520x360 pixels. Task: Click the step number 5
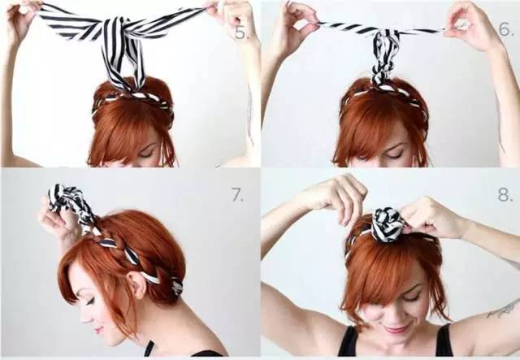(241, 33)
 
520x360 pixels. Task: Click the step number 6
(505, 30)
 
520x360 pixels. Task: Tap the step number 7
(237, 194)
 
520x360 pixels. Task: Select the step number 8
(505, 194)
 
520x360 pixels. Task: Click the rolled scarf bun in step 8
(388, 224)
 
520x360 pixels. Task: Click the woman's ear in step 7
(136, 284)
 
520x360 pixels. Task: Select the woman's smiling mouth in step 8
(396, 328)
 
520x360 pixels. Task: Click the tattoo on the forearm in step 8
(504, 309)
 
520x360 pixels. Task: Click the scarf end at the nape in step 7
(177, 286)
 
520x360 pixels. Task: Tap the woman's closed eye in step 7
(89, 301)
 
